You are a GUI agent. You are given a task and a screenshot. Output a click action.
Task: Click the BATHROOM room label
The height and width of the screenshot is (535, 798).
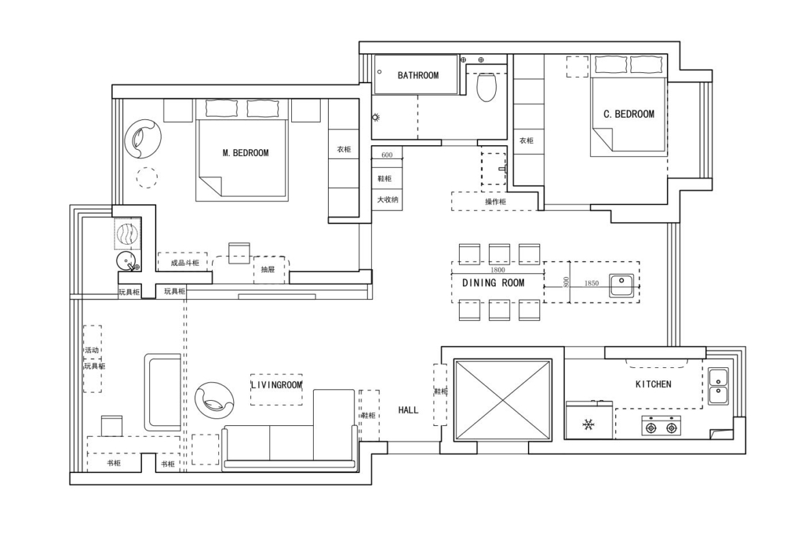pos(418,75)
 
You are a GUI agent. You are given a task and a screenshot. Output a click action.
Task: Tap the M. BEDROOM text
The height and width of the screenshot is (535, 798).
pos(246,153)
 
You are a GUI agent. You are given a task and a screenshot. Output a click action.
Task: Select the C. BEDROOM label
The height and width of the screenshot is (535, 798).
pos(629,114)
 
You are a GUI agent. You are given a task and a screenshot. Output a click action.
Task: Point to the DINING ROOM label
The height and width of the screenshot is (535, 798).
pos(493,283)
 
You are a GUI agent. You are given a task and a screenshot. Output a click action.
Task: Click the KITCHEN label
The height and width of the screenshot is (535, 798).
pos(653,384)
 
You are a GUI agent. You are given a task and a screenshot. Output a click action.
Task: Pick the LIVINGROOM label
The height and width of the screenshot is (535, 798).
pos(277,384)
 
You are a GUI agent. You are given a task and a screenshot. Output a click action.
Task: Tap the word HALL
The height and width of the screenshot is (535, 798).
pos(408,410)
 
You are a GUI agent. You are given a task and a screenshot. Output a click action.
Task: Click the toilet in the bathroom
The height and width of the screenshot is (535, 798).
pos(486,87)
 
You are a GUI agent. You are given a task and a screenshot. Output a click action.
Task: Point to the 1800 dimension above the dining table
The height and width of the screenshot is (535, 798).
pos(498,270)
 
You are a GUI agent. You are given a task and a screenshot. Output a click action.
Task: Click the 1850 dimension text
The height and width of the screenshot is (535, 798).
pos(591,284)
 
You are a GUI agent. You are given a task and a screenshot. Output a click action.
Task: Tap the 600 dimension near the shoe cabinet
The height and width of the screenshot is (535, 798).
pos(387,155)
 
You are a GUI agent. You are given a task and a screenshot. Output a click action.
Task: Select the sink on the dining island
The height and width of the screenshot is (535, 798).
pos(621,286)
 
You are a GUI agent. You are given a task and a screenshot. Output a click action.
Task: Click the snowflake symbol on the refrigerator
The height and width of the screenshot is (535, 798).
pos(589,424)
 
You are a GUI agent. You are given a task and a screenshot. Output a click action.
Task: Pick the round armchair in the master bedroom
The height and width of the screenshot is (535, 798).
pos(143,139)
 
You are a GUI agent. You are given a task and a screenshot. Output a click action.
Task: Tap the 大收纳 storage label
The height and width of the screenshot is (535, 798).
pos(387,200)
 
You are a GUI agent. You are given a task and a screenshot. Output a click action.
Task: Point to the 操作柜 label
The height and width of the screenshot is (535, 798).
pos(495,201)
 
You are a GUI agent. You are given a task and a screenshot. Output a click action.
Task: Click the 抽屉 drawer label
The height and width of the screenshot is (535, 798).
pos(267,269)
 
